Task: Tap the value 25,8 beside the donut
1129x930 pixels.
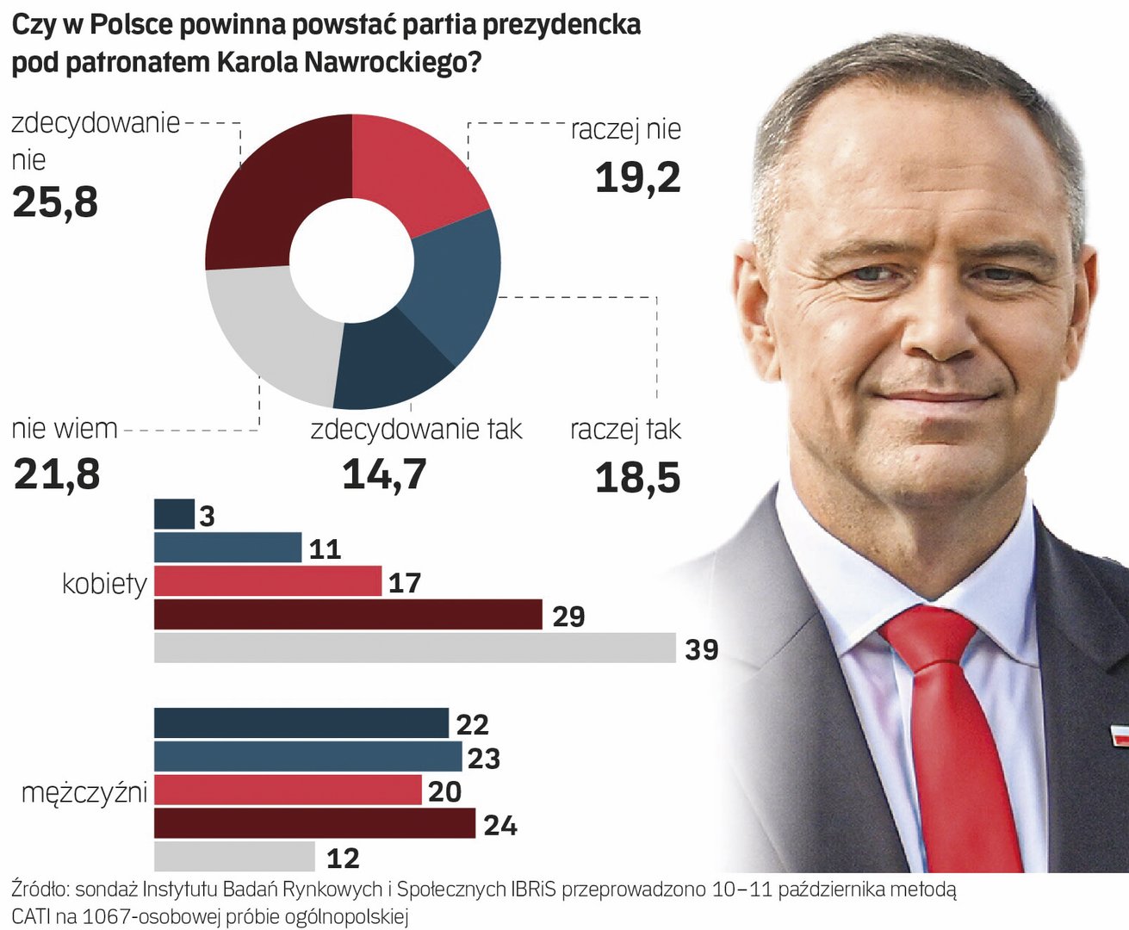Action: click(x=55, y=202)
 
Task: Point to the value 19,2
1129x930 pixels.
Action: click(x=637, y=177)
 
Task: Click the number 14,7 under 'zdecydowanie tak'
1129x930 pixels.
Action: click(x=384, y=474)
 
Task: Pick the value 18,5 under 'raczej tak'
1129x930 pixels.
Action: click(x=637, y=478)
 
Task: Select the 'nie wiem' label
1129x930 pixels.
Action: click(x=65, y=429)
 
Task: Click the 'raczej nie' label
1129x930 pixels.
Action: click(x=626, y=130)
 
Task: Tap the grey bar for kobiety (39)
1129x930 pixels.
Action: click(x=414, y=648)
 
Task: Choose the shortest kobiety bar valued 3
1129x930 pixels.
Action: click(x=174, y=515)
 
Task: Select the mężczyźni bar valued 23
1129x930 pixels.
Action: click(x=307, y=757)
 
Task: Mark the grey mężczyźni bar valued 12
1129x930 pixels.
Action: click(x=234, y=857)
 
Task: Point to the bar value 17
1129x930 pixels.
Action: click(x=404, y=583)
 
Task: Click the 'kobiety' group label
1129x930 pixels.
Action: click(x=104, y=584)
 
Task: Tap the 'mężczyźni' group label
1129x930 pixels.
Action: click(x=84, y=791)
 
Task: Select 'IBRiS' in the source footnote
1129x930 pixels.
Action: click(x=533, y=889)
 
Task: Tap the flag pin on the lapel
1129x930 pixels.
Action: click(x=1120, y=736)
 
